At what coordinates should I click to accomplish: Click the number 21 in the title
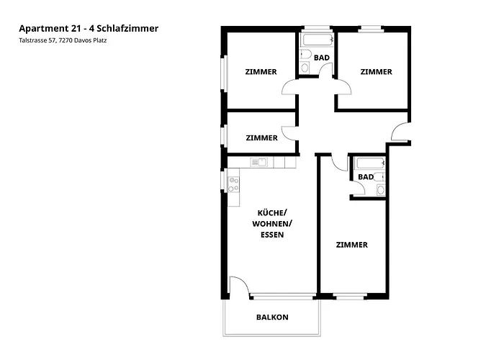tap(72, 29)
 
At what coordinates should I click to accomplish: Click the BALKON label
tap(272, 317)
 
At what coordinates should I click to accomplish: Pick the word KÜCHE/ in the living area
tap(272, 213)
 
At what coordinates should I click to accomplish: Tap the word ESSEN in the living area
tap(272, 234)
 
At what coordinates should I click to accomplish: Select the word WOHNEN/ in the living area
tap(272, 223)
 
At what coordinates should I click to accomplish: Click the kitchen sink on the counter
tap(259, 162)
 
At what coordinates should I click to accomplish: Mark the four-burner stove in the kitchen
tap(233, 184)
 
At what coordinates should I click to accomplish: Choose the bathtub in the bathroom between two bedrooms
tap(316, 40)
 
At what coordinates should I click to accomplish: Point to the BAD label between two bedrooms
tap(322, 57)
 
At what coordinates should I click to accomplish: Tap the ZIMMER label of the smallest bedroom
tap(261, 138)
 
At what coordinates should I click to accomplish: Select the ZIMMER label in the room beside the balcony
tap(351, 245)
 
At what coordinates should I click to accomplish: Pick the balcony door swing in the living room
tap(239, 285)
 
